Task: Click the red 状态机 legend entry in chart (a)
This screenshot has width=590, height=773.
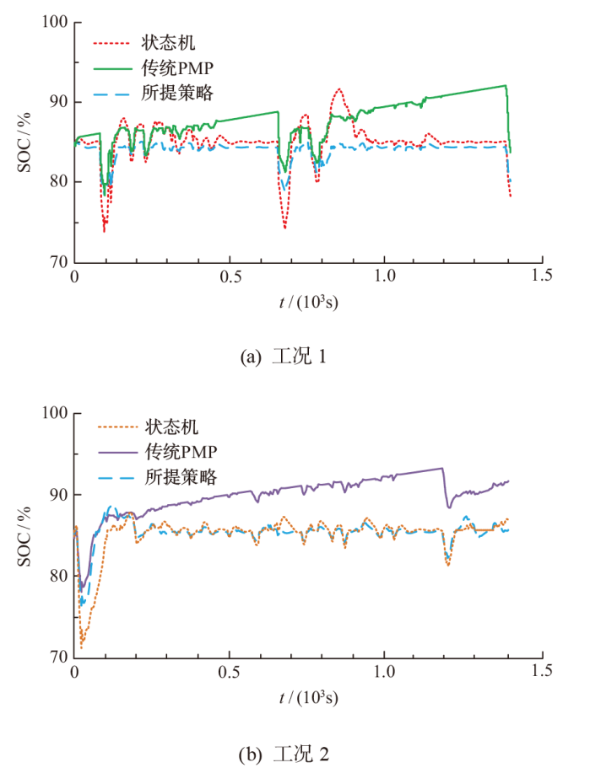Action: click(160, 40)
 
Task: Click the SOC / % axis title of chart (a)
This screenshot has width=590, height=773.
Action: click(26, 142)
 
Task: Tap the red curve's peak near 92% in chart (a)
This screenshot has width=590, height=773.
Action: click(338, 89)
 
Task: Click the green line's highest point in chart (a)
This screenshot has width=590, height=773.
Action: click(505, 85)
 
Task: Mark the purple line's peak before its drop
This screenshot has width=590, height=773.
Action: click(441, 468)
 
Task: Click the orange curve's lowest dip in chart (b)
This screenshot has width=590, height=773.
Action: click(82, 647)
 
